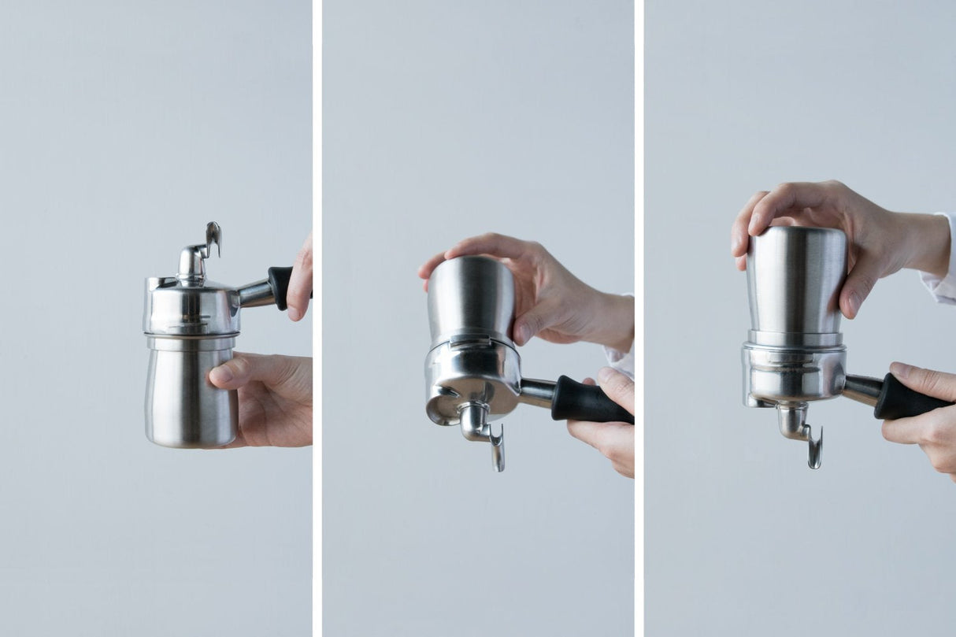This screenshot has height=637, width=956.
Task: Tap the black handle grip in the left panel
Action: (x=280, y=287)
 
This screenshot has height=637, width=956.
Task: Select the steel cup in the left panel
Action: (x=191, y=394)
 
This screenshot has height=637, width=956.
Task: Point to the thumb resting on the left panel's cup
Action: (x=228, y=371)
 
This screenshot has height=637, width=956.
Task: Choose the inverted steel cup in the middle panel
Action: (x=470, y=299)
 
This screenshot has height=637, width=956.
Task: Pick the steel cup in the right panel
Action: (x=795, y=283)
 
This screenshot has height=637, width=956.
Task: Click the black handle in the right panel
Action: (x=906, y=398)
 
